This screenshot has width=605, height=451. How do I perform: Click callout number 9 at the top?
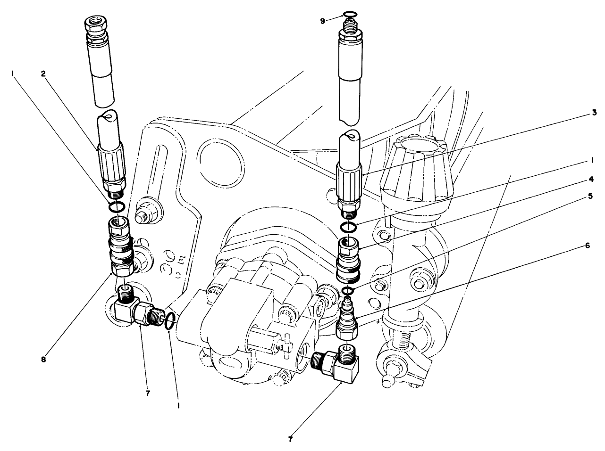pyautogui.click(x=322, y=21)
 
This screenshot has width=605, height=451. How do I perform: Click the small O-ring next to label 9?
pyautogui.click(x=349, y=14)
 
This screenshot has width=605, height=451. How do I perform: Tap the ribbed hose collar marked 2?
pyautogui.click(x=112, y=164)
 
